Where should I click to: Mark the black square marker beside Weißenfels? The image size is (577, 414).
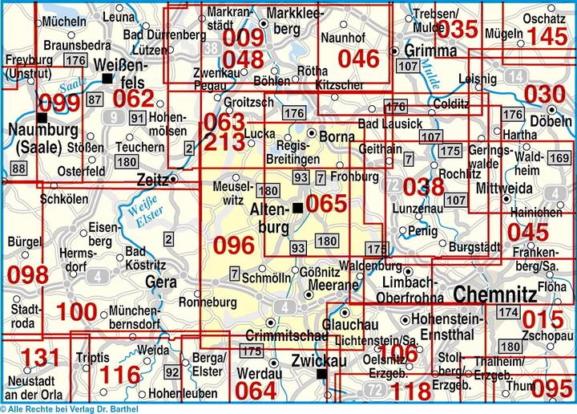pyautogui.click(x=107, y=78)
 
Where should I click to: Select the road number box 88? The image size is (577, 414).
pyautogui.click(x=18, y=167)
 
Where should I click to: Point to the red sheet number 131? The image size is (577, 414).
pyautogui.click(x=39, y=358)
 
